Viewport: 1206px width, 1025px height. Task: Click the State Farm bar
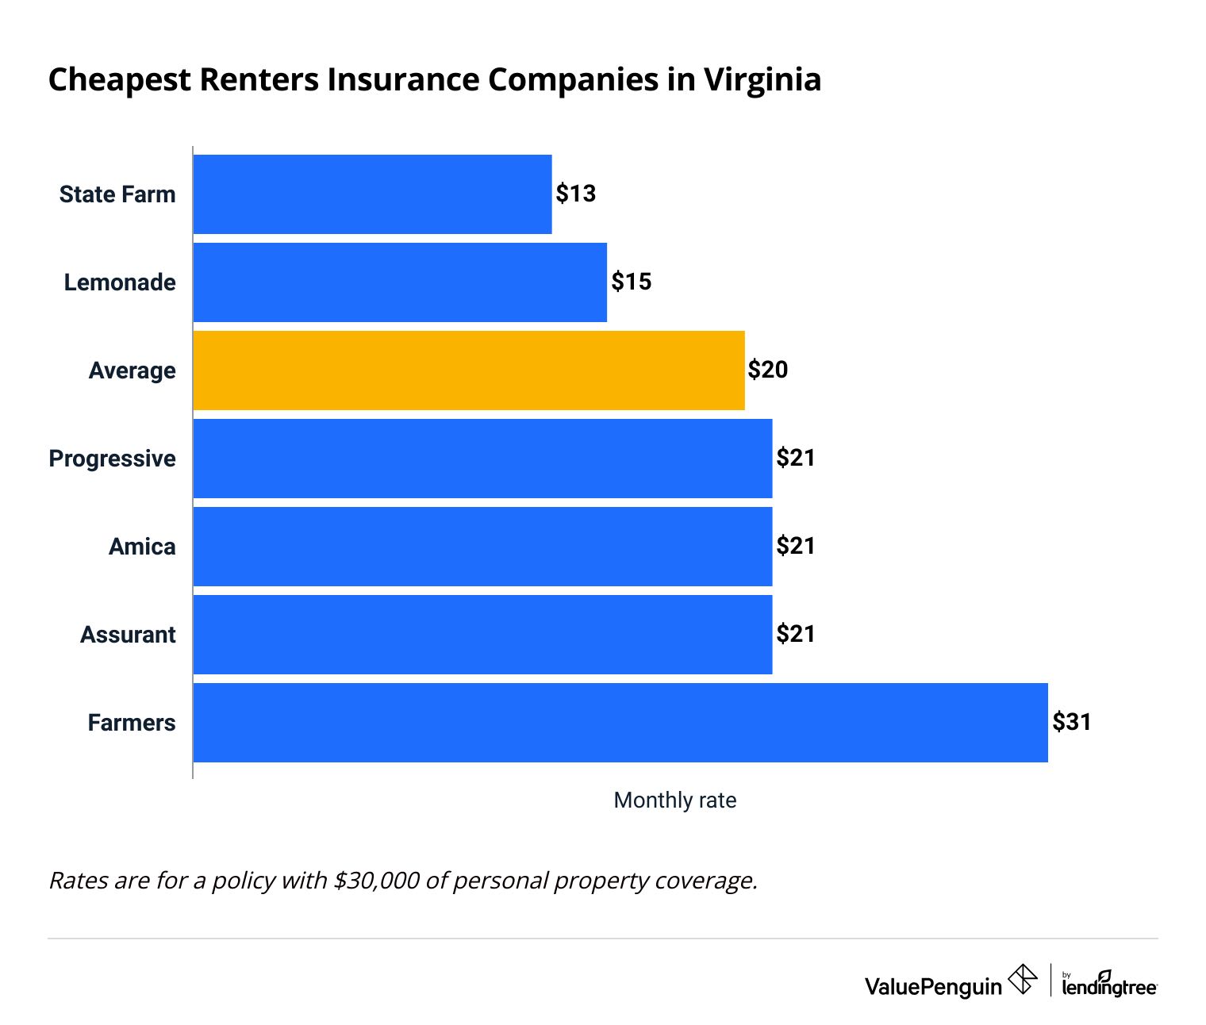372,194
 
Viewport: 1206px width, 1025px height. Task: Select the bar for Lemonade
400,282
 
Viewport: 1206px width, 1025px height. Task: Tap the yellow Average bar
469,370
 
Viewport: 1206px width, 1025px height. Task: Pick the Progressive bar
482,459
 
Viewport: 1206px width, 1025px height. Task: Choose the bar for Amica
482,547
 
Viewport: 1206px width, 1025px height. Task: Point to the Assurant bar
482,635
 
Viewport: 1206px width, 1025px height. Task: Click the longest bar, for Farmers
620,723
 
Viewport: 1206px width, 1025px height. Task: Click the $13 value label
575,194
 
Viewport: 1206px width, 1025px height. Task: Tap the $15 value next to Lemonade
631,282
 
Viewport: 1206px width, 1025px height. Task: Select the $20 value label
768,370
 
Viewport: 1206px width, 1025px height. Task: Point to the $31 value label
1072,722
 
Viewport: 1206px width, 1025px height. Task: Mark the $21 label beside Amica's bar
796,546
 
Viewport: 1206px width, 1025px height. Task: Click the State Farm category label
117,194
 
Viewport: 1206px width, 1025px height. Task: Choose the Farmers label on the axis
132,723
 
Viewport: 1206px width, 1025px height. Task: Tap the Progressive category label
113,459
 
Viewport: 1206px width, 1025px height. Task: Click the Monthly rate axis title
675,800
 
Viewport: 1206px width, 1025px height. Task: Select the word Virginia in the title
762,80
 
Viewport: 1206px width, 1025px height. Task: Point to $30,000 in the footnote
377,881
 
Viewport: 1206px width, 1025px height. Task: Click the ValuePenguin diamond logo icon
1022,979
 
